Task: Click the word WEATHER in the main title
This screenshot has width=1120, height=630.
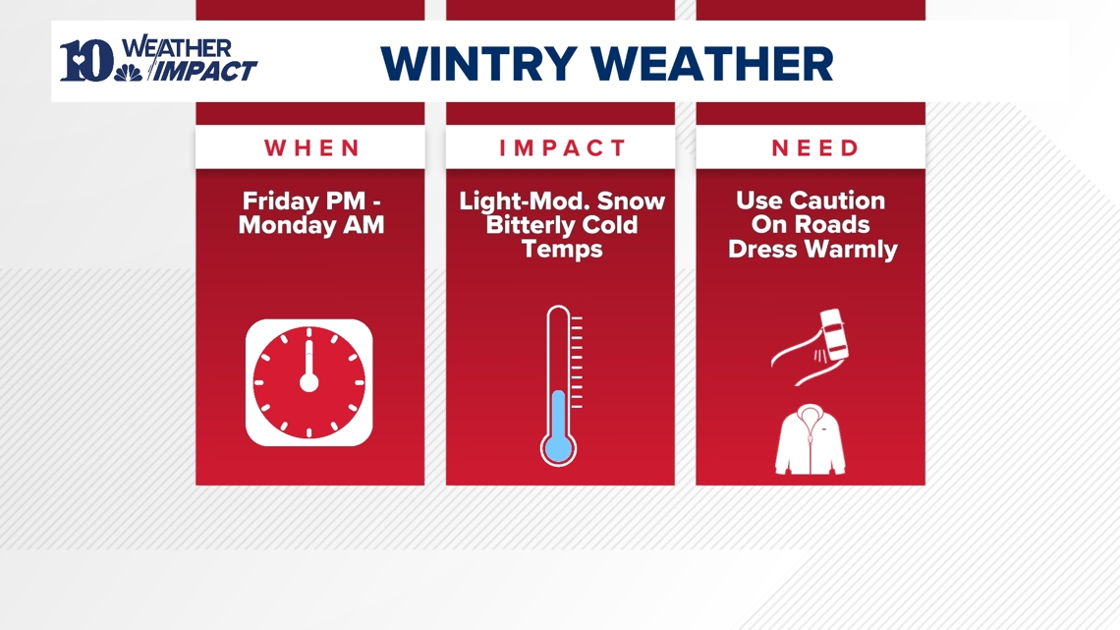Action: (x=716, y=64)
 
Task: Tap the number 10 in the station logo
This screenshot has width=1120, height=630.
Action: (x=86, y=61)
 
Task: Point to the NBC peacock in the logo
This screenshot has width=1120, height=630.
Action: (x=128, y=71)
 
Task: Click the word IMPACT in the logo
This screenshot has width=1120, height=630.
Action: (x=207, y=71)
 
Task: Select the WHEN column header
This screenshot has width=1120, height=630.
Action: (x=312, y=148)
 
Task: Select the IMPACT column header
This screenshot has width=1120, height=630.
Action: (x=562, y=148)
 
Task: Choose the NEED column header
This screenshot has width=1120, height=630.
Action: (x=815, y=148)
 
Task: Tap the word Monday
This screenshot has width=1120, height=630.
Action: (x=285, y=225)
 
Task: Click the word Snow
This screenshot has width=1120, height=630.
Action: (x=632, y=201)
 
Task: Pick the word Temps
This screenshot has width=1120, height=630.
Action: (x=562, y=249)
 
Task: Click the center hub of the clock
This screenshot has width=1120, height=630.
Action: (x=308, y=382)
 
